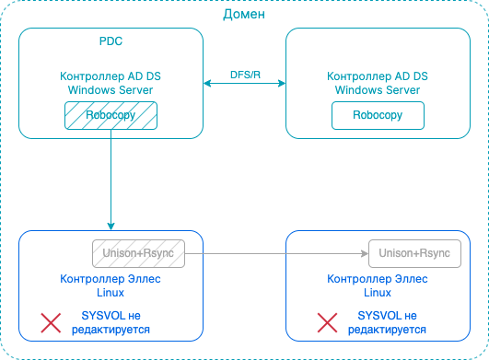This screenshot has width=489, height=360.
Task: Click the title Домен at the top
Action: (x=244, y=15)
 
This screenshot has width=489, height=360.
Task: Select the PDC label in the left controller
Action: (x=111, y=42)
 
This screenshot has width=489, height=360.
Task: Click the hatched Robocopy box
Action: (x=111, y=115)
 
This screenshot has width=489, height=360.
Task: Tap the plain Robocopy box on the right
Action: (x=378, y=115)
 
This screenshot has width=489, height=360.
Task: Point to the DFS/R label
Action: (x=244, y=73)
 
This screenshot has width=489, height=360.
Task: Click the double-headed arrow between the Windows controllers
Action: (x=244, y=84)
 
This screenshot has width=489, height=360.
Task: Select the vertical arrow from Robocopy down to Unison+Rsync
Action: (x=111, y=175)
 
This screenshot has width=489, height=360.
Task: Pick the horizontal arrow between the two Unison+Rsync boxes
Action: (x=276, y=252)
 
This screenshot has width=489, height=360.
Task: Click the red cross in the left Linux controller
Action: (x=52, y=322)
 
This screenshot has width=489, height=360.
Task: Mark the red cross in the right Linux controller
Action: (x=326, y=322)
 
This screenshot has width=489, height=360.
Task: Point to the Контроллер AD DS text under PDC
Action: (x=111, y=77)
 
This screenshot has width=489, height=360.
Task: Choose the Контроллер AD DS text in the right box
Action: (x=378, y=77)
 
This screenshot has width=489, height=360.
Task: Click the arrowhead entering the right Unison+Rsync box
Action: (x=363, y=252)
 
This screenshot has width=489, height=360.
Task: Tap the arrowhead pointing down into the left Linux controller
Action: (x=111, y=226)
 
